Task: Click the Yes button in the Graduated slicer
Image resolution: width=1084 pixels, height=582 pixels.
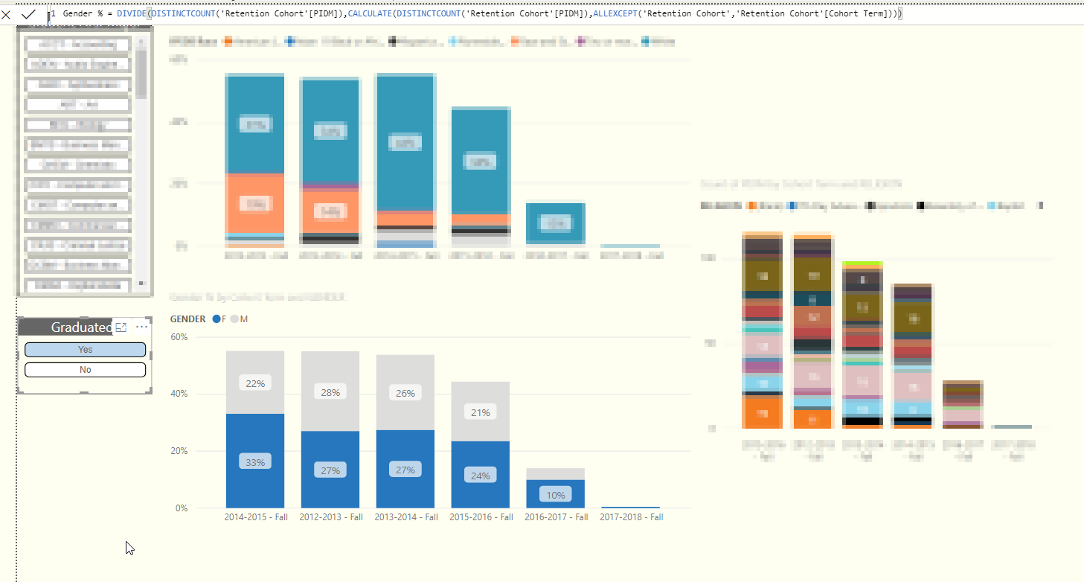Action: coord(85,350)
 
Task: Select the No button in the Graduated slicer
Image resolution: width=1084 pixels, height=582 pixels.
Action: coord(85,370)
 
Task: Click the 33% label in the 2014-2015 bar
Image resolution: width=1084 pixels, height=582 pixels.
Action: coord(255,462)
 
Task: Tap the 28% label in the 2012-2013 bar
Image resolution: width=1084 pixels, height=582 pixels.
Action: coord(330,392)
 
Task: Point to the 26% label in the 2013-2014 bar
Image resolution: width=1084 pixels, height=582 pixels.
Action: coord(405,393)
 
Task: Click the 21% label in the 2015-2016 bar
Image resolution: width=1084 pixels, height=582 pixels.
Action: coord(481,412)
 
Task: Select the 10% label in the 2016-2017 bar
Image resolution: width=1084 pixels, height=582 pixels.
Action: coord(556,495)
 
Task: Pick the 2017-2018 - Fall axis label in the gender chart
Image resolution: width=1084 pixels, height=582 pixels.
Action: coord(631,517)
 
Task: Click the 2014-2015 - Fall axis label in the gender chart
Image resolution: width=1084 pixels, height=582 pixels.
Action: coord(256,517)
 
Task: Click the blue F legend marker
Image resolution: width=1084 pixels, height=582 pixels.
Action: coord(217,319)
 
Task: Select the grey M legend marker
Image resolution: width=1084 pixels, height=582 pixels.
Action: coord(234,319)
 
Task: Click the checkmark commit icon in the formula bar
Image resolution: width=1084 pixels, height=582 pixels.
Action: coord(29,14)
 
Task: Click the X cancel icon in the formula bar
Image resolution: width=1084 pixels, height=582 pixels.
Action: coord(7,14)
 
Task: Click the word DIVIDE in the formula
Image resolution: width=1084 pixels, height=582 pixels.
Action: coord(132,14)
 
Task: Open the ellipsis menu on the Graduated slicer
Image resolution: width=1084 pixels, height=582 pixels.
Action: coord(142,327)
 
